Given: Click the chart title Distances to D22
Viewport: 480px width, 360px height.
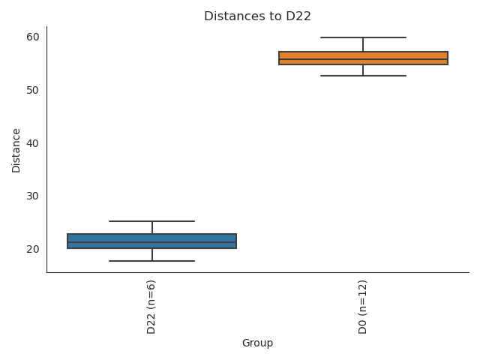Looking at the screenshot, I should tap(257, 16).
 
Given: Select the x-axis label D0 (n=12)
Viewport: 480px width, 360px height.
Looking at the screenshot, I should tap(363, 307).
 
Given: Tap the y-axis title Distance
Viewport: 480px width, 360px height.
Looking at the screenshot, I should tap(16, 148).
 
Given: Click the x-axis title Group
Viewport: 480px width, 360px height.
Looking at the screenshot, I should tap(257, 343).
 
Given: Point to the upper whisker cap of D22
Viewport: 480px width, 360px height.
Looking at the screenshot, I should tap(151, 221).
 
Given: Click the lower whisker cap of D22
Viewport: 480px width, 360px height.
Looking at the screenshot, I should tap(151, 261).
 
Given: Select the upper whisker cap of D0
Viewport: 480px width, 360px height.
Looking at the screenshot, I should tap(363, 37).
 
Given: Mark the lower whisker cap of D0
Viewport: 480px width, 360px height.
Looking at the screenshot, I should tap(363, 76).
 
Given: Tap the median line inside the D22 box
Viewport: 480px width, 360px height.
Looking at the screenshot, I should tap(151, 242).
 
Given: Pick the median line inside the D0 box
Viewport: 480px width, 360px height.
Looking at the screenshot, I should tap(363, 59).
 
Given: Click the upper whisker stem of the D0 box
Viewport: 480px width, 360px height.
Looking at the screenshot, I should tap(363, 44).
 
